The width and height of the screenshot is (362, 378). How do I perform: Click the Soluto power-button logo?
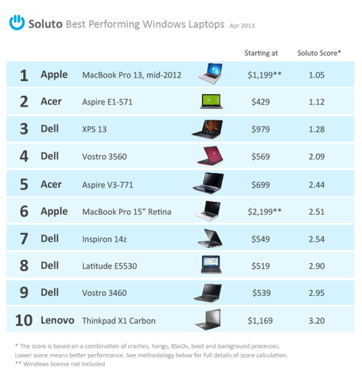click(17, 22)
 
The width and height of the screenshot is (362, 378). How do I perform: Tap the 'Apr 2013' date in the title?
click(242, 26)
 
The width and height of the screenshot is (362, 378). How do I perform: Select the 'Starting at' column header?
click(261, 53)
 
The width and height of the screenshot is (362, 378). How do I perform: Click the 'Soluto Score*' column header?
click(319, 53)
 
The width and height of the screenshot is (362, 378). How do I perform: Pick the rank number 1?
click(24, 75)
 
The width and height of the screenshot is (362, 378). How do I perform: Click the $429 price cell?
click(260, 102)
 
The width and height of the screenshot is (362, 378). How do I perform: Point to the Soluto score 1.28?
click(316, 129)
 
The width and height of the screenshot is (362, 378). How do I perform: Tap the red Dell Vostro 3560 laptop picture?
click(210, 156)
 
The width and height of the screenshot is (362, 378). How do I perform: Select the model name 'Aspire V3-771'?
click(107, 185)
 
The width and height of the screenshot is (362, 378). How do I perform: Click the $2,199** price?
click(264, 212)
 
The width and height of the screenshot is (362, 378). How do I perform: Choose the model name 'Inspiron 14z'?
click(104, 239)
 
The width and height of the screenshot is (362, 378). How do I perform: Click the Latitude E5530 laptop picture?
click(211, 265)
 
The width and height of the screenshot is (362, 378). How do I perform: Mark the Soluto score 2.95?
click(316, 293)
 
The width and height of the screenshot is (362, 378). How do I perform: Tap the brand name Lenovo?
click(57, 320)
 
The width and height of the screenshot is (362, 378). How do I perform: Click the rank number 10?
click(24, 321)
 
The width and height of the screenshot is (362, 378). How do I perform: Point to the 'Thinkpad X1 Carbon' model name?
click(119, 321)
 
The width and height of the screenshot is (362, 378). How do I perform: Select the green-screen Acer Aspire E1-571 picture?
click(212, 102)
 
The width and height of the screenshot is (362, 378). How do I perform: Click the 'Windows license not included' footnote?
click(64, 364)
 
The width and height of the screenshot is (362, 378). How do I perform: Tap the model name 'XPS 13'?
click(95, 129)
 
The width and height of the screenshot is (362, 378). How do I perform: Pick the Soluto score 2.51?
click(316, 212)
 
